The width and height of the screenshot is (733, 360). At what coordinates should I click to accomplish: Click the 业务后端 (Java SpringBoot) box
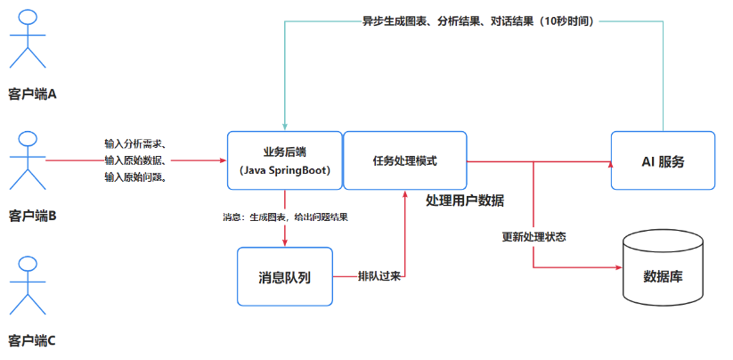284,160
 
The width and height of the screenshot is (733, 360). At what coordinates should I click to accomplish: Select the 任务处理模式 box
405,160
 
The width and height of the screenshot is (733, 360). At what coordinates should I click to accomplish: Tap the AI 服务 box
663,160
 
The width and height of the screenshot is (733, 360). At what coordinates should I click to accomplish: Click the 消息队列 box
284,276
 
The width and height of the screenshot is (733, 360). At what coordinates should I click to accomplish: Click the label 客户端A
33,93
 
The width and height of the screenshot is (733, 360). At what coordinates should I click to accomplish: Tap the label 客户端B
33,215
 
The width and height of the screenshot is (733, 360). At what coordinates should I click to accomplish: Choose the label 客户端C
33,340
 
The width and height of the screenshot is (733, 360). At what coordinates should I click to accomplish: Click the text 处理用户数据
465,200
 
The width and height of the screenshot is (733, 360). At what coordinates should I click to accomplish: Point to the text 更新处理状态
534,237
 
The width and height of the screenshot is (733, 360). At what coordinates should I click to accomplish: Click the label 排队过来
379,275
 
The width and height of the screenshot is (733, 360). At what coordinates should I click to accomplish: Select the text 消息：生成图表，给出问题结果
285,217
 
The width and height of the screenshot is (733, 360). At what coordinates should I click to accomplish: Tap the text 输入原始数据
134,160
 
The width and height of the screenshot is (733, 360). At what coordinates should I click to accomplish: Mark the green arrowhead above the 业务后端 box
284,126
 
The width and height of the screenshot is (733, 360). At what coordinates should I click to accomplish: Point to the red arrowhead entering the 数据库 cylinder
617,266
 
